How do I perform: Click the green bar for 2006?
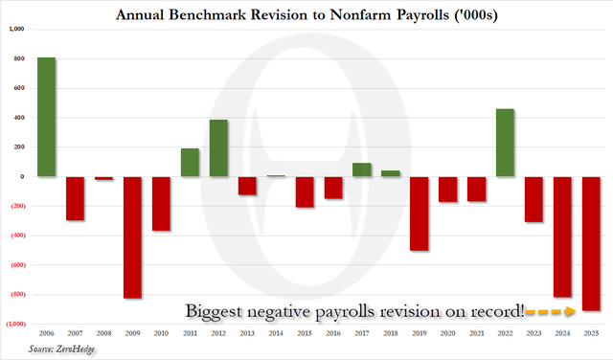(x=46, y=117)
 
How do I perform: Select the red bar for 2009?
(x=132, y=237)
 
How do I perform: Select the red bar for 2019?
(x=420, y=214)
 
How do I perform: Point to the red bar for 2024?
(x=563, y=236)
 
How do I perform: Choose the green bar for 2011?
(x=190, y=162)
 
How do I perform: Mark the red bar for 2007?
(x=75, y=198)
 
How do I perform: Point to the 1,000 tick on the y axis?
(x=16, y=30)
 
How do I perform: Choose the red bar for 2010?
(x=161, y=203)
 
